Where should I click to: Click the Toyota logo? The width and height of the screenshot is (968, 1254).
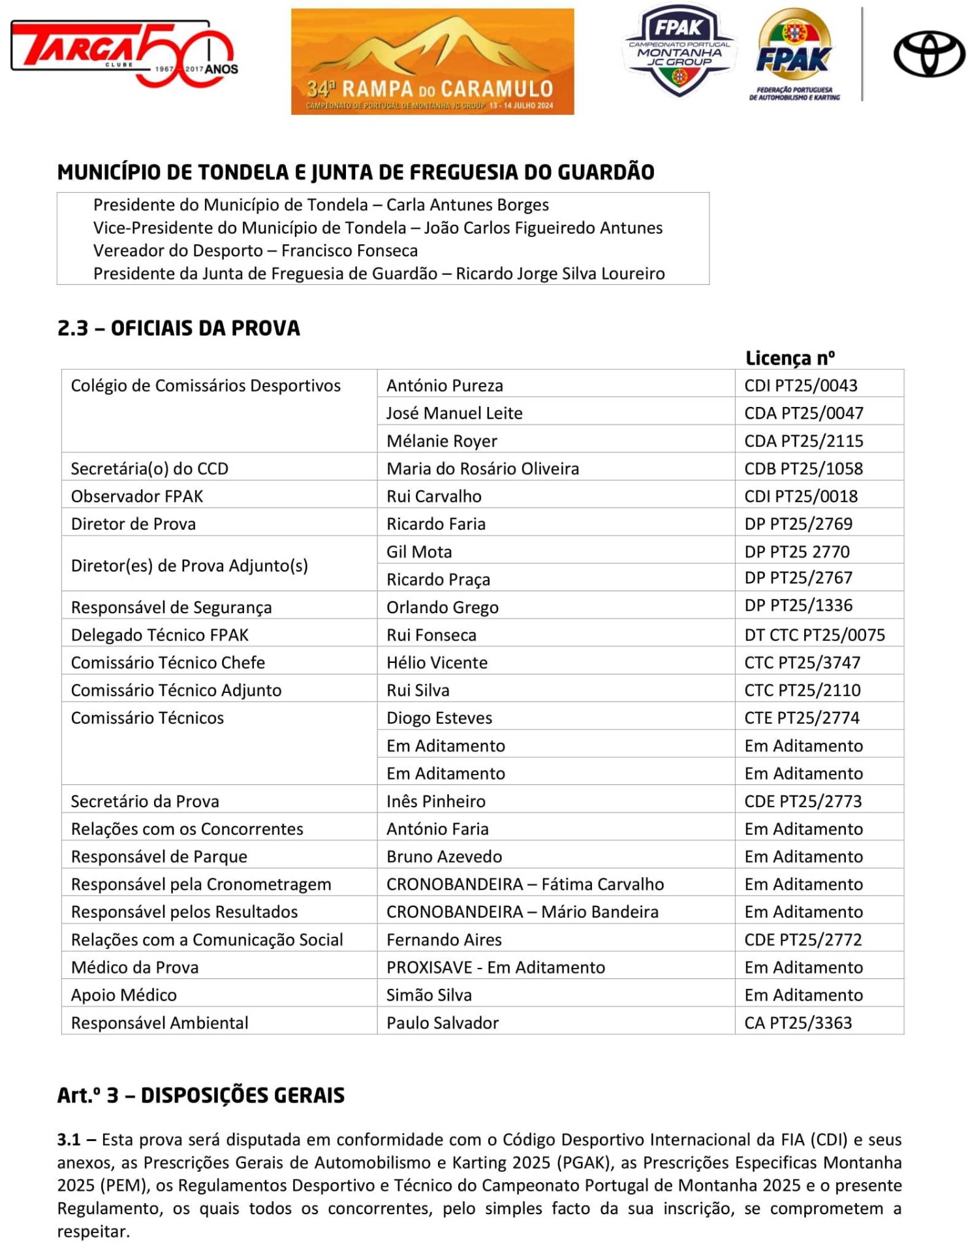click(x=929, y=56)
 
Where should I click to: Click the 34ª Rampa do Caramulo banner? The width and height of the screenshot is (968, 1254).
click(x=432, y=62)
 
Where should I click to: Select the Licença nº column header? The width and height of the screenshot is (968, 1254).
click(x=790, y=358)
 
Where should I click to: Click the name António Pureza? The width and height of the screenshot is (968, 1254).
click(x=445, y=385)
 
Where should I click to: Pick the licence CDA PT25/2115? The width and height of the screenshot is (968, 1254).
click(x=804, y=441)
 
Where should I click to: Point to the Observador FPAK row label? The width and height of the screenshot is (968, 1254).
click(x=137, y=496)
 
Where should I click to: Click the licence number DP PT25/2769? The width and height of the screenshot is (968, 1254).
click(x=798, y=524)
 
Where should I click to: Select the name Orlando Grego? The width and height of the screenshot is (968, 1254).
click(x=442, y=607)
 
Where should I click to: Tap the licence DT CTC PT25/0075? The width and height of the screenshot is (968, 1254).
click(x=815, y=635)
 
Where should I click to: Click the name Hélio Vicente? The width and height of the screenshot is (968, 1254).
click(x=437, y=663)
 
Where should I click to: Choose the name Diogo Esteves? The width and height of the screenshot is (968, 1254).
click(x=439, y=718)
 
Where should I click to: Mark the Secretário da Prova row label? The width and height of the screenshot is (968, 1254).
click(x=145, y=801)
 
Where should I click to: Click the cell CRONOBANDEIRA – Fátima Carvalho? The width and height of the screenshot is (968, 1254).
click(x=525, y=884)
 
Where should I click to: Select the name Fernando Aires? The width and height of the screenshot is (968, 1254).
click(x=444, y=940)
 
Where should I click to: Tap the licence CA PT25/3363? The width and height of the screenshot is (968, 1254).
click(x=798, y=1023)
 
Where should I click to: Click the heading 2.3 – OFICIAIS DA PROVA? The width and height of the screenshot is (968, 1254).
click(x=179, y=328)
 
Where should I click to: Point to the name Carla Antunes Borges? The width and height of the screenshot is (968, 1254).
click(x=467, y=205)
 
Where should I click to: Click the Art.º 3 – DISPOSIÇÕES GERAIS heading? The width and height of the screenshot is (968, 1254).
click(x=201, y=1095)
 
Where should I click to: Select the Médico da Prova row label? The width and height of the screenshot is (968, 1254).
click(x=134, y=967)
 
